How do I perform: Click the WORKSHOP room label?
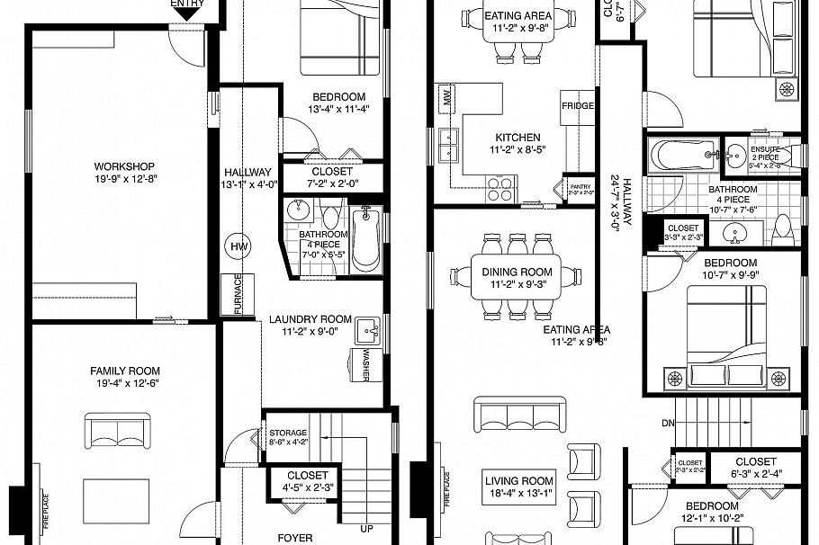point(124,166)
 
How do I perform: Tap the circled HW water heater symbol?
point(238,246)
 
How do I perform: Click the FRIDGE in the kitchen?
point(577,106)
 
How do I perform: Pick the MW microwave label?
point(445,96)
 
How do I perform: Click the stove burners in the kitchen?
point(500,188)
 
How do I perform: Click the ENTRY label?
point(187,4)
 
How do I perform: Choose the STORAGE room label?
point(288,433)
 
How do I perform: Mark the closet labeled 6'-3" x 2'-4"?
point(755,468)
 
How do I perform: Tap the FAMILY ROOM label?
point(124,371)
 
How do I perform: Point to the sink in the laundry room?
point(366,330)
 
